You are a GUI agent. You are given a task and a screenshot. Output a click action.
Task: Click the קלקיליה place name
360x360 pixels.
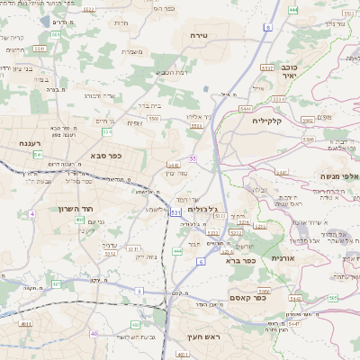pos(268,120)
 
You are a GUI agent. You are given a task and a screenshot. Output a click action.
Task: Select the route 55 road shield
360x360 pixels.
pos(193,158)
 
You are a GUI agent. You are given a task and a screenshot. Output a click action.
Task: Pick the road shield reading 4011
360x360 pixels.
pos(26,324)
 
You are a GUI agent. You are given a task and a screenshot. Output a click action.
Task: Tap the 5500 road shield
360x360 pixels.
pos(154,118)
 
